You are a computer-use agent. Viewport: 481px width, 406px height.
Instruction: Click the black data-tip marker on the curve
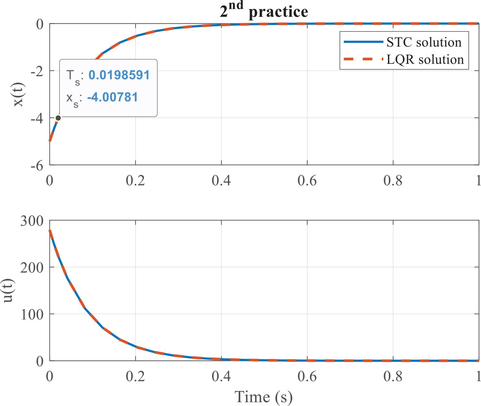coord(58,118)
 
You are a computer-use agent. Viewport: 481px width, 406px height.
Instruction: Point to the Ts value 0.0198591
coord(119,75)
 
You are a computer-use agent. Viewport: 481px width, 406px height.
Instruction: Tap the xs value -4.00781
coord(113,97)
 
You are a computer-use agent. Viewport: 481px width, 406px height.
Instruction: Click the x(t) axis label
coord(18,94)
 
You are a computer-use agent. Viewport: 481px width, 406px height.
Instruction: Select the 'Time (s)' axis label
coord(263,397)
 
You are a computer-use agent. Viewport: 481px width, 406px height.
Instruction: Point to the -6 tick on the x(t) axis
coord(37,165)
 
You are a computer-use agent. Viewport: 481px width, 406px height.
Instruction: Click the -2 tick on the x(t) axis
coord(37,71)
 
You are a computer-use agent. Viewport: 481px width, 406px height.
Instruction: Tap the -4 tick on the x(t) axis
coord(37,118)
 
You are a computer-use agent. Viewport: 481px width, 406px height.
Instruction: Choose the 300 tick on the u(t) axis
coord(32,221)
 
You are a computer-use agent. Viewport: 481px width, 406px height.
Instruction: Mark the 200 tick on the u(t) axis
coord(32,268)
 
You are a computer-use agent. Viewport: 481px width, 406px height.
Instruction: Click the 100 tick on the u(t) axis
coord(32,315)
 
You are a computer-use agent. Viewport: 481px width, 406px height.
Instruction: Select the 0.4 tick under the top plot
coord(221,181)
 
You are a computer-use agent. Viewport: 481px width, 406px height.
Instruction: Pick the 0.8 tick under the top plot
coord(393,181)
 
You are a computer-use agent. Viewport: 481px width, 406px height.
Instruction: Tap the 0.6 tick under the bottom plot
coord(307,377)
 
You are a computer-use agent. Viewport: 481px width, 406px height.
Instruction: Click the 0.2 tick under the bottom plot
coord(135,377)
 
